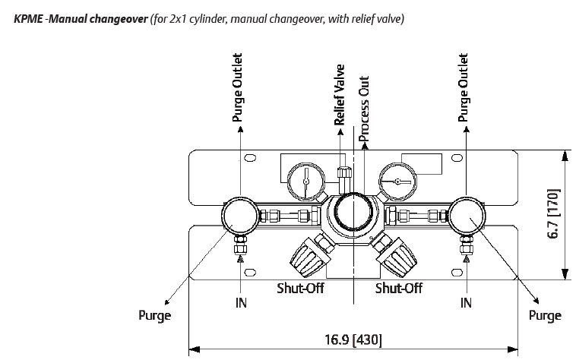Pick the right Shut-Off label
399,289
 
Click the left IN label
239,302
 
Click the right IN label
467,302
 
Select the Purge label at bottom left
153,316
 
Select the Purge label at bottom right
545,316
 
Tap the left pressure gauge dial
304,181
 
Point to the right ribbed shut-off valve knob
397,254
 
